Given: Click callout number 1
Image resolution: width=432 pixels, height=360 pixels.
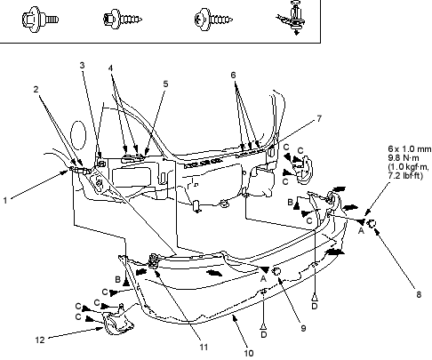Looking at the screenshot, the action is coord(5,201).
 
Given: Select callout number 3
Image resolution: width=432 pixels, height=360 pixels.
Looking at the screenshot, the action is coord(83,66).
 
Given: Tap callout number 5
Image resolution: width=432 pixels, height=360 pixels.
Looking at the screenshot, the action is coord(165,84).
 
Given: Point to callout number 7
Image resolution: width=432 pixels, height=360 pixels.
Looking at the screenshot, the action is coord(319,119).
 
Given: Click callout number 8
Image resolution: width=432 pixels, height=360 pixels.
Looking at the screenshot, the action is coord(419,294).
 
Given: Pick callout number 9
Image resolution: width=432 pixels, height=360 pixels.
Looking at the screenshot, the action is coord(303,328).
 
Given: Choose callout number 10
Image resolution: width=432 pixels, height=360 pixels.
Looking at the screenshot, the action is coord(249,353).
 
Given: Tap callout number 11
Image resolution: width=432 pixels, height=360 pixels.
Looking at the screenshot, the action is coord(204,347).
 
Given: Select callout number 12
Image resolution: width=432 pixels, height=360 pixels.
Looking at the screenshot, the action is coord(40,340).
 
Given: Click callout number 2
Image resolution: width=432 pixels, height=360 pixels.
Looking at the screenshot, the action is coord(36,89).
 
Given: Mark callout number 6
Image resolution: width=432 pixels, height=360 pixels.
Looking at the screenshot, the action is coord(233,76).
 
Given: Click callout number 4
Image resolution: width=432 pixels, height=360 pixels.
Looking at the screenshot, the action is coord(110,68).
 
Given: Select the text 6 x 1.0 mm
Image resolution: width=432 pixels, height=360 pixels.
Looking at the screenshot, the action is coord(410,149).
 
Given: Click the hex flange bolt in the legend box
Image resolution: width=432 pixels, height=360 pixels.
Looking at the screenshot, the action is coord(40,20).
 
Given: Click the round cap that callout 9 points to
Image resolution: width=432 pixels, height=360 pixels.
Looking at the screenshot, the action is coord(276,271).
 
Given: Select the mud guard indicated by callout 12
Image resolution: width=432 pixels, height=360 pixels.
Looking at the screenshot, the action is coord(117,323).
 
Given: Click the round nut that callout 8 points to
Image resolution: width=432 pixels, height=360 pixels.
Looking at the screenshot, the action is coord(372,224).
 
